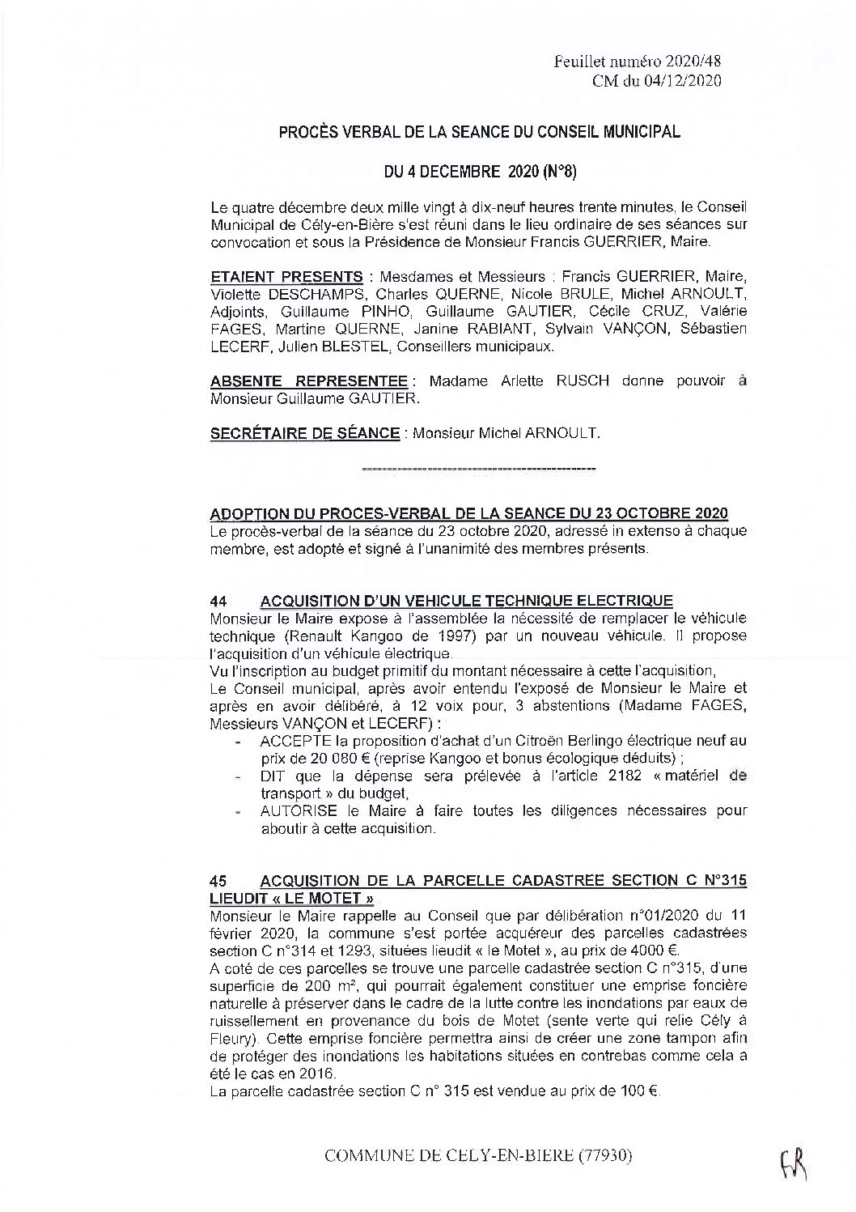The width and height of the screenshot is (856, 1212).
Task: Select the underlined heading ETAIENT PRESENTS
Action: (x=286, y=276)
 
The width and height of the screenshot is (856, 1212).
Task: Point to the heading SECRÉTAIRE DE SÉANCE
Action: (x=304, y=434)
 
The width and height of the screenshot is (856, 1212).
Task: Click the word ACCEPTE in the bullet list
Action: (x=293, y=741)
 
